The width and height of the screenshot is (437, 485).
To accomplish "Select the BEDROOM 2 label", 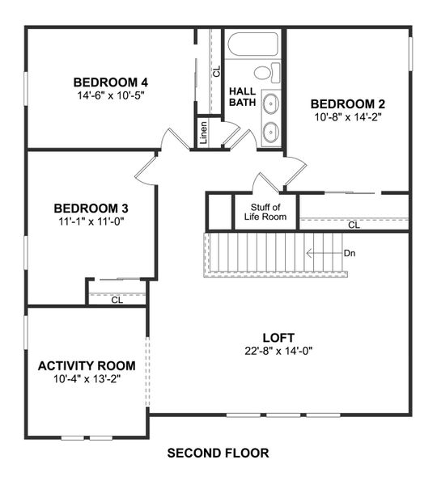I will (347, 103).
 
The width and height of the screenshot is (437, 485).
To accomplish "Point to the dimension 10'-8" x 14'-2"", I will (347, 116).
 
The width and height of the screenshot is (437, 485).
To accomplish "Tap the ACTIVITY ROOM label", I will (87, 365).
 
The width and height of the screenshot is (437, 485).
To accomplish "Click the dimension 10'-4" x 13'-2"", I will (87, 378).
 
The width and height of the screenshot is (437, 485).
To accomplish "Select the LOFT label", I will (278, 337).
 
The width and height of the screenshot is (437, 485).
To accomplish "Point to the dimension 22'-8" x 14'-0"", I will (278, 350).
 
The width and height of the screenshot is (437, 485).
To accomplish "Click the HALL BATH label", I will (242, 96).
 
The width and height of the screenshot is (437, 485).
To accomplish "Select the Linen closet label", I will (204, 132).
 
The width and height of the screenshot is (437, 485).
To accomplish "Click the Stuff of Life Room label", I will (265, 212).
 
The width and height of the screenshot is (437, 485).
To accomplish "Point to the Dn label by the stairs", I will (350, 253).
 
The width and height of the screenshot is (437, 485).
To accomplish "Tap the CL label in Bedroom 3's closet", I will (117, 300).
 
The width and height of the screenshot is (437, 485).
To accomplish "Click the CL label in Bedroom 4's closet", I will (216, 71).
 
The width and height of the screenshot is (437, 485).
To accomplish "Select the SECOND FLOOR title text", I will (218, 453).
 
